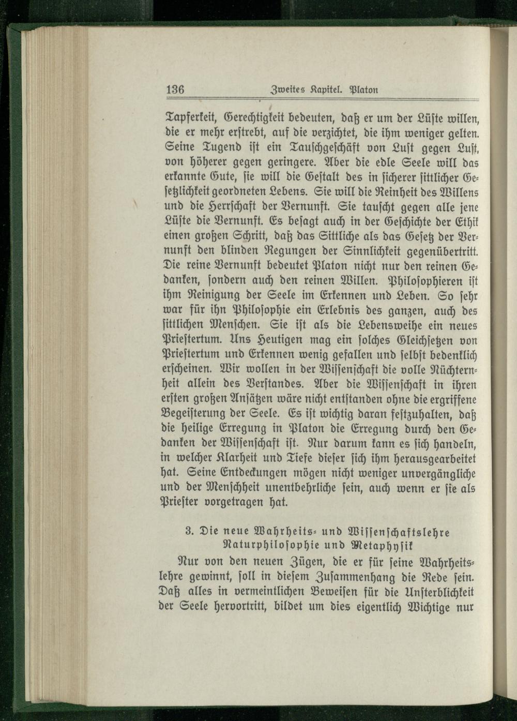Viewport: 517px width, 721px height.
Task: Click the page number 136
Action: [176, 88]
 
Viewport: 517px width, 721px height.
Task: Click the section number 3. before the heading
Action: [189, 532]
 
